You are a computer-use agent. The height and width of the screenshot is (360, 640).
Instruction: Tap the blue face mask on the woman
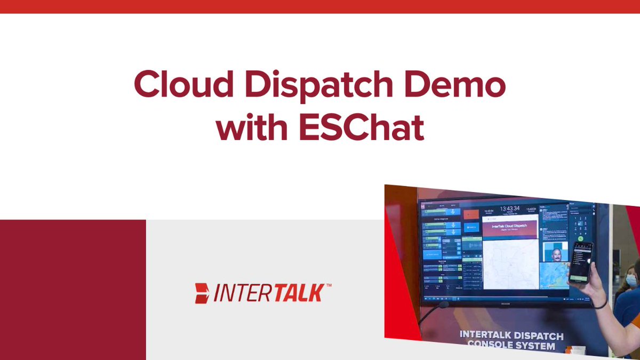(631, 279)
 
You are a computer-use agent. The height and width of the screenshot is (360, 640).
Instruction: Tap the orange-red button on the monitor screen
(471, 214)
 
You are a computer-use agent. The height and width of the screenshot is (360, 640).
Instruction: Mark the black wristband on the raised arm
(601, 305)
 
